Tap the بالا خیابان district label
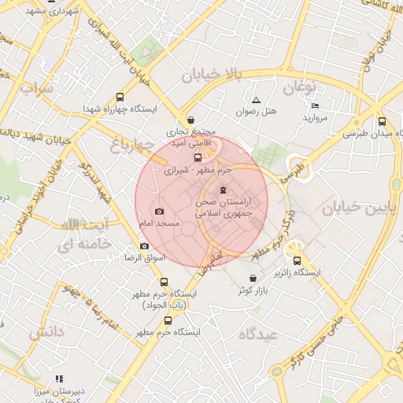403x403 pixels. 209,75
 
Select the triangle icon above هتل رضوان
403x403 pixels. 256,100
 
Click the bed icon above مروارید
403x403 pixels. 315,106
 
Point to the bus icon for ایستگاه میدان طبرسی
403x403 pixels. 382,122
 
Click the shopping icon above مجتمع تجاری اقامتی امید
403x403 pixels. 192,120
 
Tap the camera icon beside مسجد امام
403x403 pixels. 160,212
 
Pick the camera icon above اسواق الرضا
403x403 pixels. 144,246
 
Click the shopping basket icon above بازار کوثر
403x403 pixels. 252,279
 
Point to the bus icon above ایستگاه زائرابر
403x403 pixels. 297,261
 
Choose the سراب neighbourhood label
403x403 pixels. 35,89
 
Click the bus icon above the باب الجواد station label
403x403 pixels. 164,282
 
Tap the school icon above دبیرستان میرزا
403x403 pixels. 60,379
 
